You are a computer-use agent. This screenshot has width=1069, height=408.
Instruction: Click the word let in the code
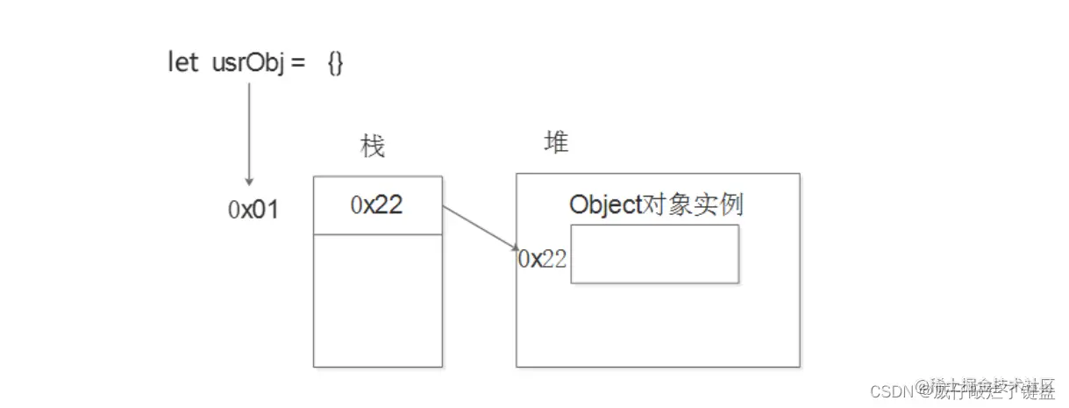(x=182, y=63)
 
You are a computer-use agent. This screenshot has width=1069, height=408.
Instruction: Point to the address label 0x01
(x=253, y=210)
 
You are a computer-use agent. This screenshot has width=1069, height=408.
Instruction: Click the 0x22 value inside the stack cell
(x=377, y=204)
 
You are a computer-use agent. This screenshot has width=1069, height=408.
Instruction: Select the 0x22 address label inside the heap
(x=542, y=258)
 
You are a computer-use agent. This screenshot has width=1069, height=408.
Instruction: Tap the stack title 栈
(x=373, y=147)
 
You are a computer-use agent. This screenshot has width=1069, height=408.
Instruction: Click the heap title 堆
(x=556, y=142)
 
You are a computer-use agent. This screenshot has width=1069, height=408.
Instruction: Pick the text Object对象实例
(x=656, y=204)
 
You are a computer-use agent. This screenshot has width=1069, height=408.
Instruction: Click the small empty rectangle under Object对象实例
(x=654, y=254)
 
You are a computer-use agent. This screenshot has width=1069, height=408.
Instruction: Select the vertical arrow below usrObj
(x=249, y=132)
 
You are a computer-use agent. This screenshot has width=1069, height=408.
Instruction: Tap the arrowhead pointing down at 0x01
(x=249, y=180)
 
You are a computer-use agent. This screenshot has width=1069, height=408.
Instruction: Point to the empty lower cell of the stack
(x=377, y=300)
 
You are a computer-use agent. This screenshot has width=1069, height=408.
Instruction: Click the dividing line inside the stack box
(x=377, y=234)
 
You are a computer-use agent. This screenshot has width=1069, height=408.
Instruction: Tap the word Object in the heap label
(x=606, y=204)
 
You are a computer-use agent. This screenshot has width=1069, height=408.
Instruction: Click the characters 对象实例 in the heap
(x=693, y=204)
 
